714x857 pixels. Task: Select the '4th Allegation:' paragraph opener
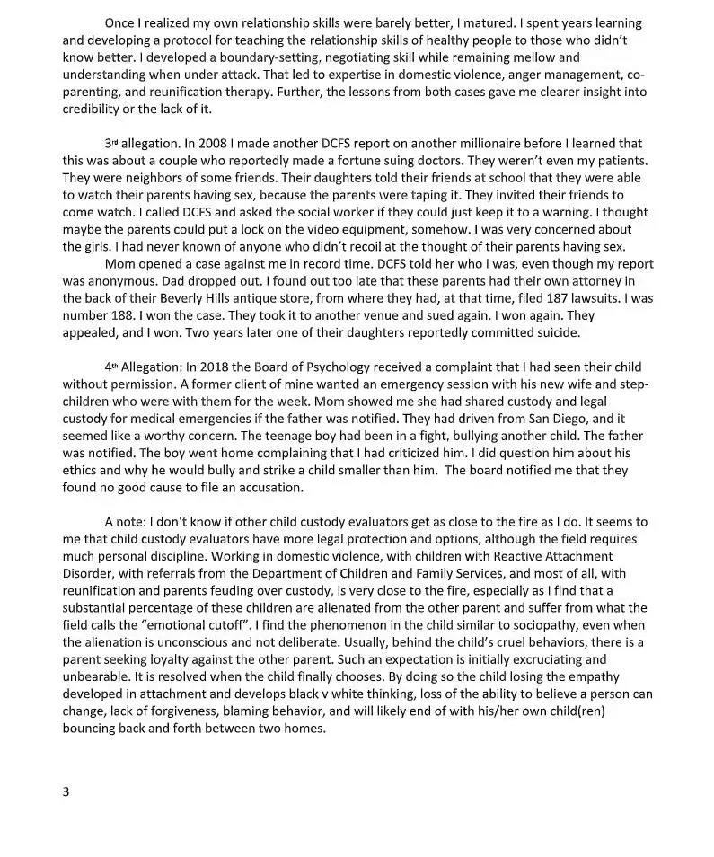pyautogui.click(x=145, y=367)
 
